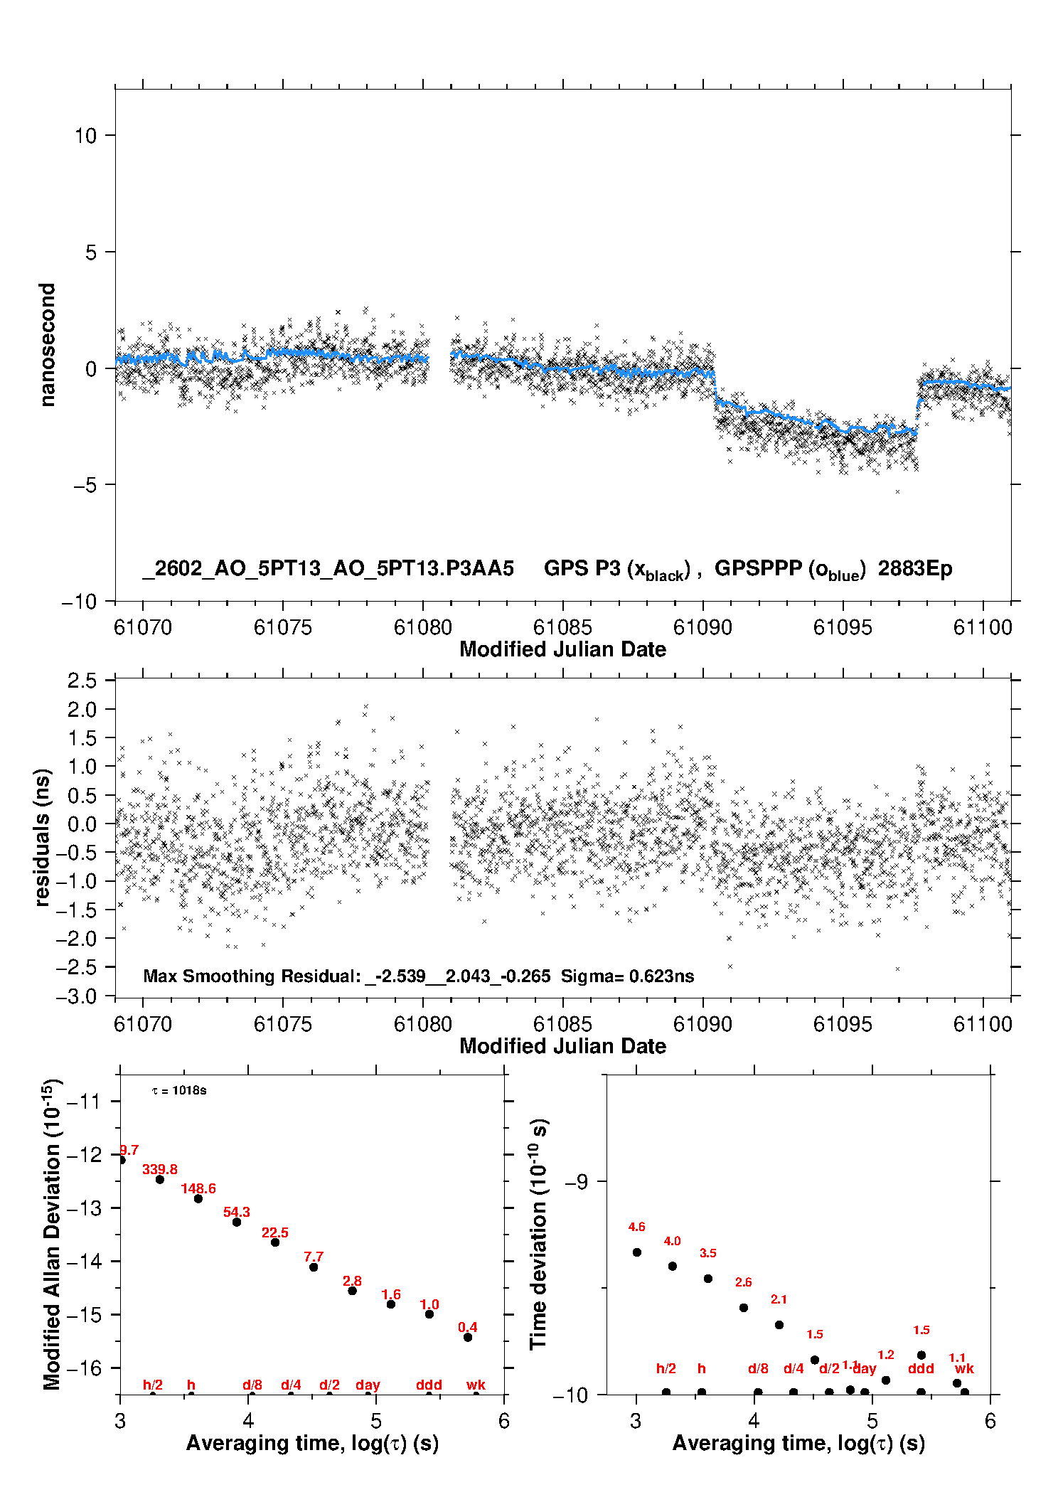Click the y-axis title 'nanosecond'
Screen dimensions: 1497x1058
pyautogui.click(x=47, y=345)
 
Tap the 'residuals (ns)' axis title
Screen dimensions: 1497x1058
pyautogui.click(x=43, y=837)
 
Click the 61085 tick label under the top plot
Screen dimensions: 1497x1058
pyautogui.click(x=562, y=627)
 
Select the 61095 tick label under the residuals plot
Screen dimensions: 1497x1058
pyautogui.click(x=842, y=1024)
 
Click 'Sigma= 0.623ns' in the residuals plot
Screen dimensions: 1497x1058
pyautogui.click(x=627, y=976)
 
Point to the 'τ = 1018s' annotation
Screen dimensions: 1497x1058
pyautogui.click(x=179, y=1091)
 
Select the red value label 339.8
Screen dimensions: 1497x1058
pyautogui.click(x=160, y=1169)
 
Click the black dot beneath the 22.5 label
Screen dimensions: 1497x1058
pyautogui.click(x=275, y=1242)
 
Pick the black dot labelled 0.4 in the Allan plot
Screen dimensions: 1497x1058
pyautogui.click(x=468, y=1337)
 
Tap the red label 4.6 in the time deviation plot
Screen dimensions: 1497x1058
pyautogui.click(x=636, y=1227)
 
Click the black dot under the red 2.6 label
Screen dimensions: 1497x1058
pyautogui.click(x=744, y=1308)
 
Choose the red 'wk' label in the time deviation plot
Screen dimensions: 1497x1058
pyautogui.click(x=964, y=1369)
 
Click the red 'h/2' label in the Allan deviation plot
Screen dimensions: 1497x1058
pyautogui.click(x=153, y=1385)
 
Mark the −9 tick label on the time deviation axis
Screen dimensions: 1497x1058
pyautogui.click(x=576, y=1181)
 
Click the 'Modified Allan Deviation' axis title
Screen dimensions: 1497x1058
pyautogui.click(x=51, y=1234)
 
